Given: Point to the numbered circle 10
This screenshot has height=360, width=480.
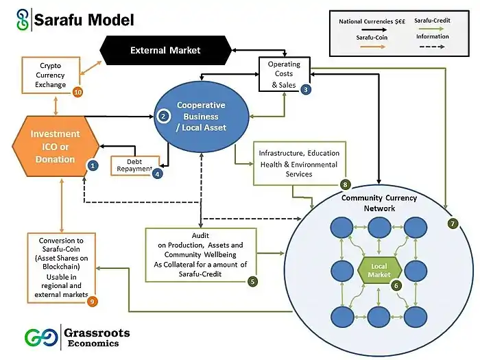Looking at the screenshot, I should coord(77,91).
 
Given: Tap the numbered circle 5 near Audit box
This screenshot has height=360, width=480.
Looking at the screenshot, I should coord(253,280).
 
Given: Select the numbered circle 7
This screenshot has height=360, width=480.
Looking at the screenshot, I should coord(452,224).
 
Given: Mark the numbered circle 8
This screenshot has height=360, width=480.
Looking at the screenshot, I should coord(345,184).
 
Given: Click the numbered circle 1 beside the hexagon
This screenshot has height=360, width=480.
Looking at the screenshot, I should coord(93,165).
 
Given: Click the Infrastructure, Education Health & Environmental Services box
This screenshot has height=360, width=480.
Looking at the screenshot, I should coord(297,164).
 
